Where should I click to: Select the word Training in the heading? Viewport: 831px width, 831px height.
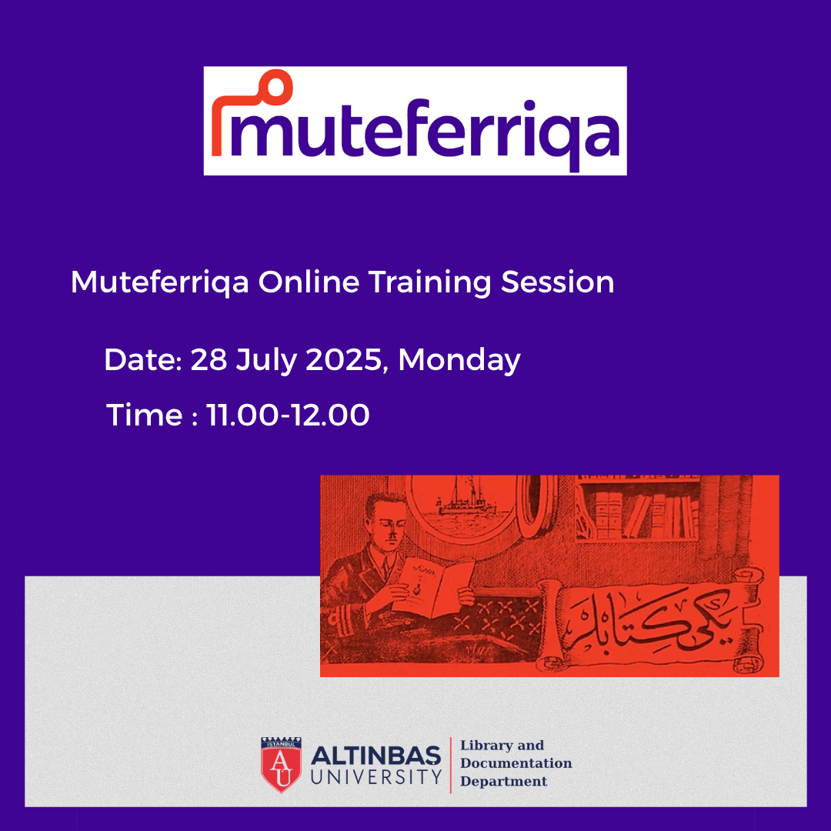430,282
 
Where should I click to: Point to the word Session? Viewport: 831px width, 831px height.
558,282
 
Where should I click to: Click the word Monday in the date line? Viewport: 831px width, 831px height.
459,360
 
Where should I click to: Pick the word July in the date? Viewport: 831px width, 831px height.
266,360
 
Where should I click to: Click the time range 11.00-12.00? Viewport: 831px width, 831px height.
287,415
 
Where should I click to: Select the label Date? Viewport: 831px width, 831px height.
143,360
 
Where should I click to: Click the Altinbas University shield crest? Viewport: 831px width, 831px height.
281,764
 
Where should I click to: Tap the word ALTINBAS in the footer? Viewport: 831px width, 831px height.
375,756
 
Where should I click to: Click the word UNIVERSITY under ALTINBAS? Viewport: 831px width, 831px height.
376,777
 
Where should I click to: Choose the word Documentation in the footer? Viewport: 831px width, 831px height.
516,763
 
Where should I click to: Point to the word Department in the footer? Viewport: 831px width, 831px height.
503,781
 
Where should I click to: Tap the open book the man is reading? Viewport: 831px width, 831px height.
436,586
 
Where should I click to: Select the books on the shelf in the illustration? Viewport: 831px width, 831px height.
645,514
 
